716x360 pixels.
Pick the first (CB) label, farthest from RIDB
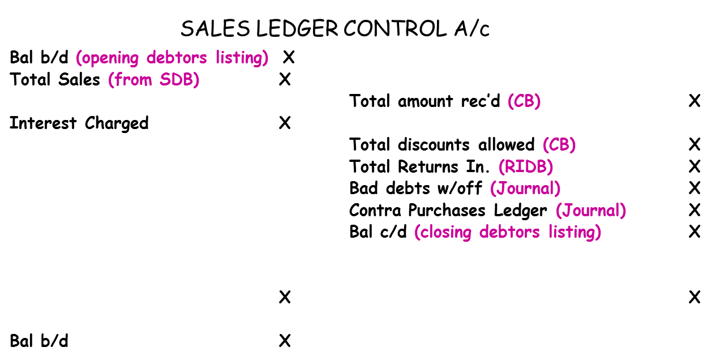click(524, 101)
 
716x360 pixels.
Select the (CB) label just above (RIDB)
click(559, 145)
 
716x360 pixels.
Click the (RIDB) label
click(526, 167)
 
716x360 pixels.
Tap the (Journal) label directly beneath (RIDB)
click(525, 188)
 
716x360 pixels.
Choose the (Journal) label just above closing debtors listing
click(591, 211)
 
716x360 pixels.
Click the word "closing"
click(447, 232)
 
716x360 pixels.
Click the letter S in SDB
click(165, 80)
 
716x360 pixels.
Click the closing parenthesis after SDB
click(196, 80)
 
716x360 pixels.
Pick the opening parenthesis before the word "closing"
click(418, 232)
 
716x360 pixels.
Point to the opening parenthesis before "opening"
click(79, 58)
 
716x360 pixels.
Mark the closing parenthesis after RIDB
click(550, 167)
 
